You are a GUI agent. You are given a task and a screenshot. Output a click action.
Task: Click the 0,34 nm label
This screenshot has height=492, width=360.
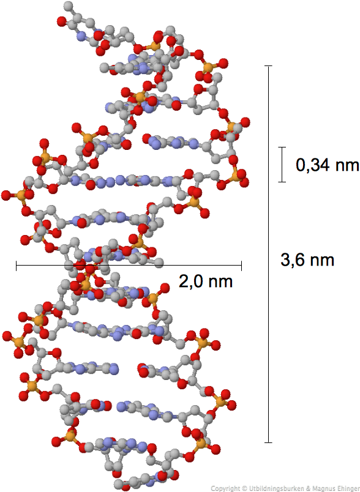tap(327, 165)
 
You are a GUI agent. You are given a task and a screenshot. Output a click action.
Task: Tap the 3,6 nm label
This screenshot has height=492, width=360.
tap(307, 260)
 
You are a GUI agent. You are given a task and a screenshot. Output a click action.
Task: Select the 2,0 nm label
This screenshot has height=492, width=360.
tap(206, 281)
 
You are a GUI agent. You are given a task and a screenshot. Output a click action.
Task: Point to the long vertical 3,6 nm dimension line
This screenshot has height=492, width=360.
tap(268, 254)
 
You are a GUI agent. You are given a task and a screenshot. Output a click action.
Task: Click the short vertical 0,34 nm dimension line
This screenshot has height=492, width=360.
tap(282, 165)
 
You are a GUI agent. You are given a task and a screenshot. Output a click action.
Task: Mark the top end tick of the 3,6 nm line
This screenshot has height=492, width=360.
tap(268, 66)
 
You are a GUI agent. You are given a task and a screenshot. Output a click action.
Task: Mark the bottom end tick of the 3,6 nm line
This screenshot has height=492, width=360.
tap(268, 442)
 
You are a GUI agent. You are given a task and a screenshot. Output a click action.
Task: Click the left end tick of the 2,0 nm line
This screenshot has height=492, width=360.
tap(17, 266)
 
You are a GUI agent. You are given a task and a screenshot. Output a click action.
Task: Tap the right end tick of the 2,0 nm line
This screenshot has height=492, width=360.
tap(241, 266)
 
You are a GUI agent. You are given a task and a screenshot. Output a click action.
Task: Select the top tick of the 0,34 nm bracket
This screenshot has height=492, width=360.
tap(282, 147)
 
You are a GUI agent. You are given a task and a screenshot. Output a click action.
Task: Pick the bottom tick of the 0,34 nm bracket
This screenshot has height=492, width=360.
tap(282, 182)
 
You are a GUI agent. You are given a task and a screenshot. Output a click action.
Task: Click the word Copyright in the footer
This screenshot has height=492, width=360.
tap(224, 488)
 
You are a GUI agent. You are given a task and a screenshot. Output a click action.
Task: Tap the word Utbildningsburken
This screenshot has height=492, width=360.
tap(276, 488)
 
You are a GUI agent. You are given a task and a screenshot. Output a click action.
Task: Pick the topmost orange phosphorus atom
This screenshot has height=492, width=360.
tap(154, 46)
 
